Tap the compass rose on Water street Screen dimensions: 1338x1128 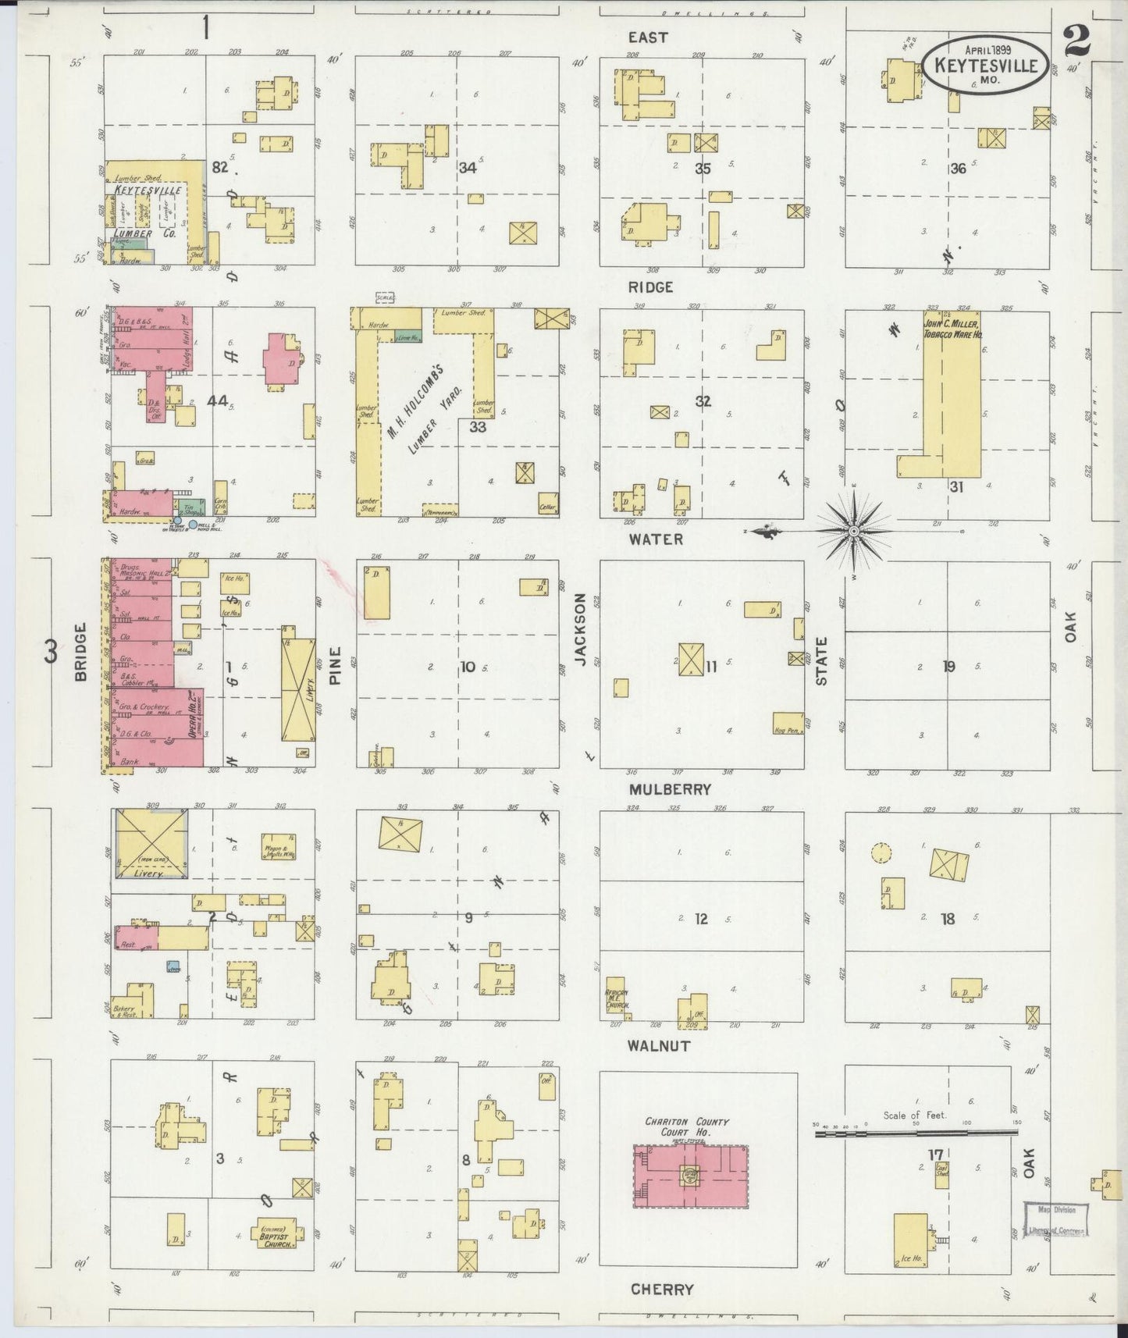853,531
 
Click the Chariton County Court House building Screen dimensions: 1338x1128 690,1176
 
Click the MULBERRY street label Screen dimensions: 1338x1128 670,789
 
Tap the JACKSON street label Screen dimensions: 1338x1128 580,629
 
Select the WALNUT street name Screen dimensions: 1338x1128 660,1044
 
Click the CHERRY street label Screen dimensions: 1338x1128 662,1289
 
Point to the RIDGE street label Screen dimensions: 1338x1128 650,287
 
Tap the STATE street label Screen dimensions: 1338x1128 821,660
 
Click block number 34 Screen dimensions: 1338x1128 467,168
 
